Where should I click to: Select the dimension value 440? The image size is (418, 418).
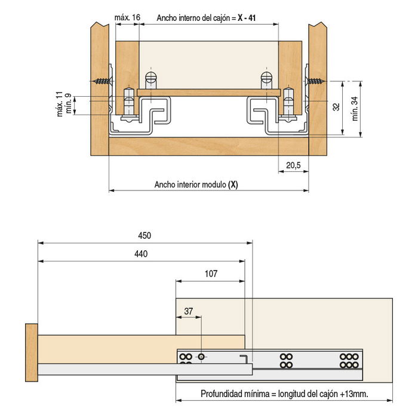140,254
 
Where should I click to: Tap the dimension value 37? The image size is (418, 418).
189,311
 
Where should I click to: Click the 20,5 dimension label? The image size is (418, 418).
293,165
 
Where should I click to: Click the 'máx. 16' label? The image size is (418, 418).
127,18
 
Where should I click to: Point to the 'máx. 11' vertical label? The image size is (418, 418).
60,104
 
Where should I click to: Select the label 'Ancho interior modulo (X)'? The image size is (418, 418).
196,185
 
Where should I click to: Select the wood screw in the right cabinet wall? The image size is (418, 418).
316,81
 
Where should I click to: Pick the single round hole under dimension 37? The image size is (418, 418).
201,356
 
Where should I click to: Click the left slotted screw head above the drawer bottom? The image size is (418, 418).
151,78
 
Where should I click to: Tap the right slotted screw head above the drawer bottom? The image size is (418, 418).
266,78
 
